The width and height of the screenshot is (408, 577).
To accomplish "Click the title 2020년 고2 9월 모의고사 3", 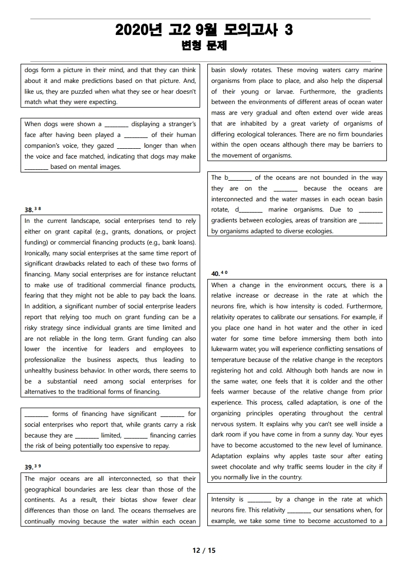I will pyautogui.click(x=204, y=30).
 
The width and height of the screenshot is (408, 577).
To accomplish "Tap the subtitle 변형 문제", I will pyautogui.click(x=204, y=46).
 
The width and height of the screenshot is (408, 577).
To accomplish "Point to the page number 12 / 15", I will pyautogui.click(x=204, y=550).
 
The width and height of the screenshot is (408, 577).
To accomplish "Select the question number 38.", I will pyautogui.click(x=29, y=209).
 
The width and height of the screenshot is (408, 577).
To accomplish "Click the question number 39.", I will pyautogui.click(x=29, y=467).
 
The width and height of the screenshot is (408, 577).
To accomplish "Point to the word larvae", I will pyautogui.click(x=279, y=92).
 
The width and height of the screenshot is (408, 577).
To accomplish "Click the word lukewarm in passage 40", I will pyautogui.click(x=226, y=349).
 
